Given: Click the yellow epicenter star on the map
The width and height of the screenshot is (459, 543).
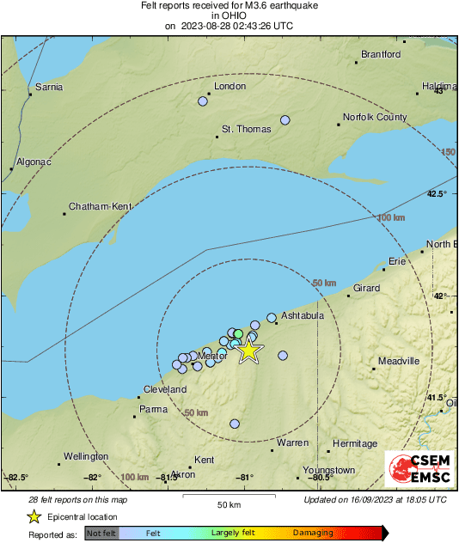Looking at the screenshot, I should [x=248, y=351].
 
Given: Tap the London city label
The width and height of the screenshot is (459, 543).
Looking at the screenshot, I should [x=229, y=87].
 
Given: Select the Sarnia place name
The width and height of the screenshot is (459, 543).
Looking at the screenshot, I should [x=47, y=87].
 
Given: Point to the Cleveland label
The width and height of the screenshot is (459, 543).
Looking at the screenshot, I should [x=165, y=389].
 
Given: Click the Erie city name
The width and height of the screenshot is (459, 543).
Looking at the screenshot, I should [x=397, y=260].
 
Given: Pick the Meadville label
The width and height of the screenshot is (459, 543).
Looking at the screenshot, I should [x=400, y=362].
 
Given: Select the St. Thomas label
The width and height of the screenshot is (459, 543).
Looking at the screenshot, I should [x=247, y=130].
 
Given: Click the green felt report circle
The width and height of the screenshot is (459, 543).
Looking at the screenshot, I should [x=239, y=333].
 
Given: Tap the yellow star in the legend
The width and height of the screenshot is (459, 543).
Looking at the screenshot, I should [x=34, y=516].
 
